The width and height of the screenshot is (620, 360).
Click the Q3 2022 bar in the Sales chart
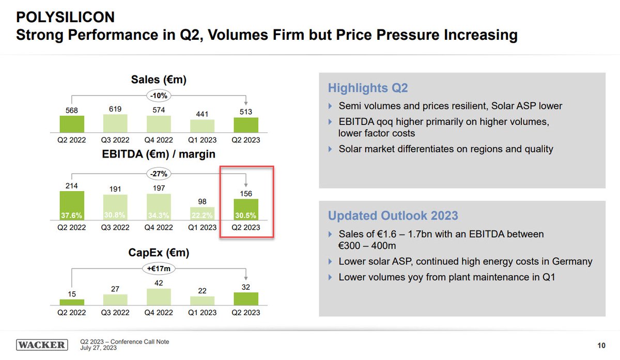pyautogui.click(x=115, y=124)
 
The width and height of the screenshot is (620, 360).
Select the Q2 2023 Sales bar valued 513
pyautogui.click(x=245, y=126)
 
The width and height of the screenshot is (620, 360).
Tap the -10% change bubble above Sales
pyautogui.click(x=159, y=96)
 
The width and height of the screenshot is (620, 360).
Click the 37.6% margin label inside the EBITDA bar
pyautogui.click(x=72, y=215)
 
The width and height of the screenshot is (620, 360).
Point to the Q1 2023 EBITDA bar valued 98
pyautogui.click(x=202, y=214)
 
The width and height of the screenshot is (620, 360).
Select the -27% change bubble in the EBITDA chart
pyautogui.click(x=159, y=174)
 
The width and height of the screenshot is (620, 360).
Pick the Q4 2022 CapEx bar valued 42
pyautogui.click(x=159, y=297)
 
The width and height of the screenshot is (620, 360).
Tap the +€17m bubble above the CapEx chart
pyautogui.click(x=159, y=268)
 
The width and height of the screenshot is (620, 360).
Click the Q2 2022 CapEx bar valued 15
pyautogui.click(x=72, y=302)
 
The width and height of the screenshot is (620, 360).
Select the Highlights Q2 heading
pyautogui.click(x=368, y=88)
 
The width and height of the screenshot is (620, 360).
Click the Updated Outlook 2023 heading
pyautogui.click(x=393, y=216)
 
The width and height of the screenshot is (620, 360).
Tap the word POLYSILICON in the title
pyautogui.click(x=65, y=18)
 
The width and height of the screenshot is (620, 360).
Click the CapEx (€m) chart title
pyautogui.click(x=159, y=253)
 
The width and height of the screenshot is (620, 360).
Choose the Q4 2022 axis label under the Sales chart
pyautogui.click(x=159, y=140)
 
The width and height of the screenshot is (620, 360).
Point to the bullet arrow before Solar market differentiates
pyautogui.click(x=331, y=149)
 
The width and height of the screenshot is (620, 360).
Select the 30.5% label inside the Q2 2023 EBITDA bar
pyautogui.click(x=246, y=215)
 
